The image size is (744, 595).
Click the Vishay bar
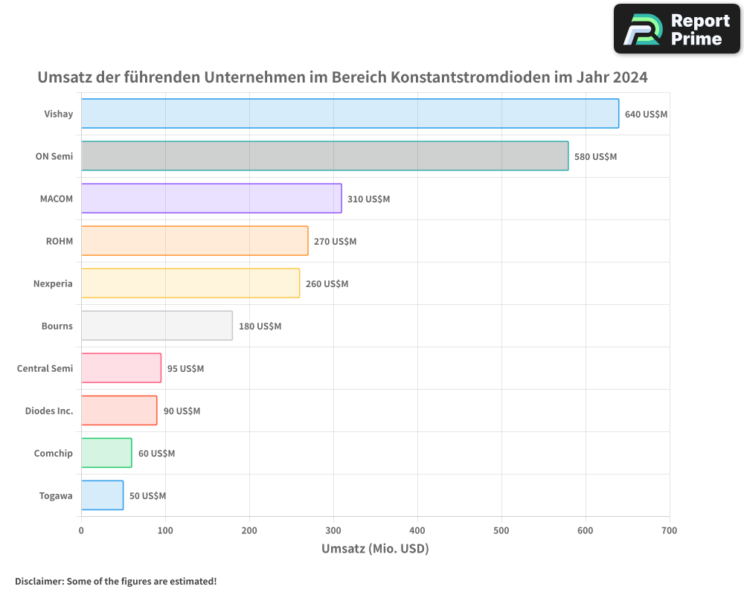point(350,114)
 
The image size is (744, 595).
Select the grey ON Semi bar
point(324,156)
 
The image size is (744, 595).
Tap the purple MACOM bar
point(211,199)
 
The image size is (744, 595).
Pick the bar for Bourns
point(157,326)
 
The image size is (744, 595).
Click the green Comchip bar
point(106,453)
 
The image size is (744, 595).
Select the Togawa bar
point(102,495)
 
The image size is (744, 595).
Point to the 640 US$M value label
point(646,115)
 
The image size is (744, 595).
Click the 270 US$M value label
point(335,242)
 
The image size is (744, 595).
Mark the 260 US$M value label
point(327,284)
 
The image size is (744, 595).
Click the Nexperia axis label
point(53,283)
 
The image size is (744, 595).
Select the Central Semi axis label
point(45,368)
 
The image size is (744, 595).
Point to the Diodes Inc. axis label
point(48,411)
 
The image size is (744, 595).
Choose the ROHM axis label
point(60,241)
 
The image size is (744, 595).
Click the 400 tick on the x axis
point(417,530)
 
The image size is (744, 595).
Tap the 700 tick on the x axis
point(670,530)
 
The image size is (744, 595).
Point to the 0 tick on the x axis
point(81,530)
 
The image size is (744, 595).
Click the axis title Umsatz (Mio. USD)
point(375,549)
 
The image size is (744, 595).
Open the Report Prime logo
point(677,29)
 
